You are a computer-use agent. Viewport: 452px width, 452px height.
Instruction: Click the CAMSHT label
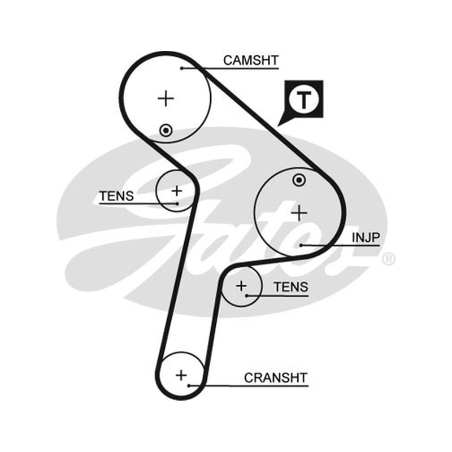251,60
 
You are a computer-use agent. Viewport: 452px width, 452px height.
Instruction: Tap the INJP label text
366,237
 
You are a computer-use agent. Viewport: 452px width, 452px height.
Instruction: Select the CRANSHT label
276,377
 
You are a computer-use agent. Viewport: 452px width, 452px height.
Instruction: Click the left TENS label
117,196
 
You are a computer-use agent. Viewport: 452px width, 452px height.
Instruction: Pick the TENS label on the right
291,287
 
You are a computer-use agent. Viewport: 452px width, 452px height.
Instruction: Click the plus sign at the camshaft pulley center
166,98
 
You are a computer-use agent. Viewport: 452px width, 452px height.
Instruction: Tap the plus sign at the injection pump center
299,214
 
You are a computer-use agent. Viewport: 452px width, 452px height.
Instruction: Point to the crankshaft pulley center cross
181,375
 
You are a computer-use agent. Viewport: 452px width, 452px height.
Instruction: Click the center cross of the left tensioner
177,191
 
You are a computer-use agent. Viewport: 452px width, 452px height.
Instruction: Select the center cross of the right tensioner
241,286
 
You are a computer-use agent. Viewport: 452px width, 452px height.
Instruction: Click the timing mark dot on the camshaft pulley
166,131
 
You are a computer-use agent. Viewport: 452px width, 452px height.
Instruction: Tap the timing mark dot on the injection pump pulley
299,180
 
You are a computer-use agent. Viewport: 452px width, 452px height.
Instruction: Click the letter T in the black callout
304,99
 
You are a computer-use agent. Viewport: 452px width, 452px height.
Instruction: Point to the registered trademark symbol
389,259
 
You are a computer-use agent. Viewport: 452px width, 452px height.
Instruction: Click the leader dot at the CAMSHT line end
181,68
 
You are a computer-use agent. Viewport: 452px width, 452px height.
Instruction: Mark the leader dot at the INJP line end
301,245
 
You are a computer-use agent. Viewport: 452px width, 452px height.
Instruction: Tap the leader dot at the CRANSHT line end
189,386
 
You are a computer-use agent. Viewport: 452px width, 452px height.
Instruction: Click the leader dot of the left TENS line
177,204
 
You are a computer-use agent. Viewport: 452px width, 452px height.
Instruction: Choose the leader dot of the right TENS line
247,295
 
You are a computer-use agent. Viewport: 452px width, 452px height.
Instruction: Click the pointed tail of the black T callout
278,125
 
